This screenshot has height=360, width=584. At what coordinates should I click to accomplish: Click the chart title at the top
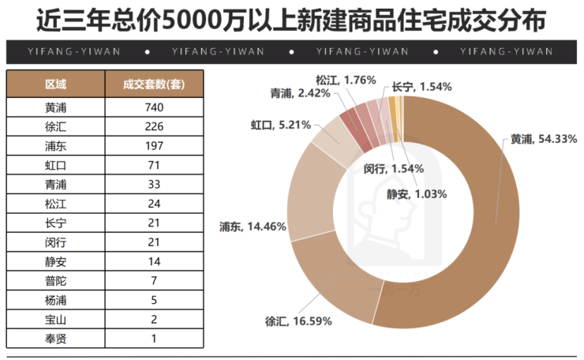(x=291, y=19)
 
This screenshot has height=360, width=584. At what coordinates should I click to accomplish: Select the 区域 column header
(x=55, y=84)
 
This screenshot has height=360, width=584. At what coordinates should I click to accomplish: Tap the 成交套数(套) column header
(x=154, y=84)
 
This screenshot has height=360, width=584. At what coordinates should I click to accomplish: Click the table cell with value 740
(x=154, y=107)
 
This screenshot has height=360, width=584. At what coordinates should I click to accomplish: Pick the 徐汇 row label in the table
(x=55, y=126)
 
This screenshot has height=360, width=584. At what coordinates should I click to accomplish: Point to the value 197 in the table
(x=154, y=146)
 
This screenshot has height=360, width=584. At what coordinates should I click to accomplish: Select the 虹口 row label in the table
(x=55, y=165)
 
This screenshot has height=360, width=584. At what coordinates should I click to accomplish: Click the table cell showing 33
(x=154, y=185)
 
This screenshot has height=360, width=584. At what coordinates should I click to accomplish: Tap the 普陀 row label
(x=55, y=281)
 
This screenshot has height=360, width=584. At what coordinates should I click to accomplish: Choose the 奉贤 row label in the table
(x=55, y=339)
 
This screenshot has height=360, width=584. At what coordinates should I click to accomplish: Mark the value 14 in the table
(x=154, y=261)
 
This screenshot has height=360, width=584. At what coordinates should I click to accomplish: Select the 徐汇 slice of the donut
(x=331, y=276)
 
